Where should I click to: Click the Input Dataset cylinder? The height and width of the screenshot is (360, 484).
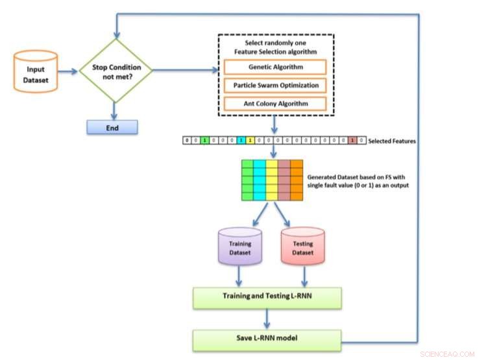pos(36,69)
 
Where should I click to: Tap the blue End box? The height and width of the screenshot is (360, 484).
pos(112,128)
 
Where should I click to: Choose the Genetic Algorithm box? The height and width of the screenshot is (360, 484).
pos(276,67)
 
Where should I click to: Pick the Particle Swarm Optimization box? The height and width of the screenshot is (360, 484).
pos(276,85)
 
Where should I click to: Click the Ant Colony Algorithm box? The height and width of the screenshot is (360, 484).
pos(276,103)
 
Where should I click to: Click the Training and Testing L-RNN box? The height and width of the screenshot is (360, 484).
pos(266,297)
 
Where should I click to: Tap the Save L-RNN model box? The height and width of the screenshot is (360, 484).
pos(266,339)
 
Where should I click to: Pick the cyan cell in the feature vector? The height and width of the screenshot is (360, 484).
pos(240,140)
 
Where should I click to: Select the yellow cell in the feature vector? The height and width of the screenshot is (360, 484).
pos(250,140)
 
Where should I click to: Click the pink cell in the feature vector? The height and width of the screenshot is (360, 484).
pos(351,140)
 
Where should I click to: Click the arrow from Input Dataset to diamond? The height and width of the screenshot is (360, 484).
pos(69,69)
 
